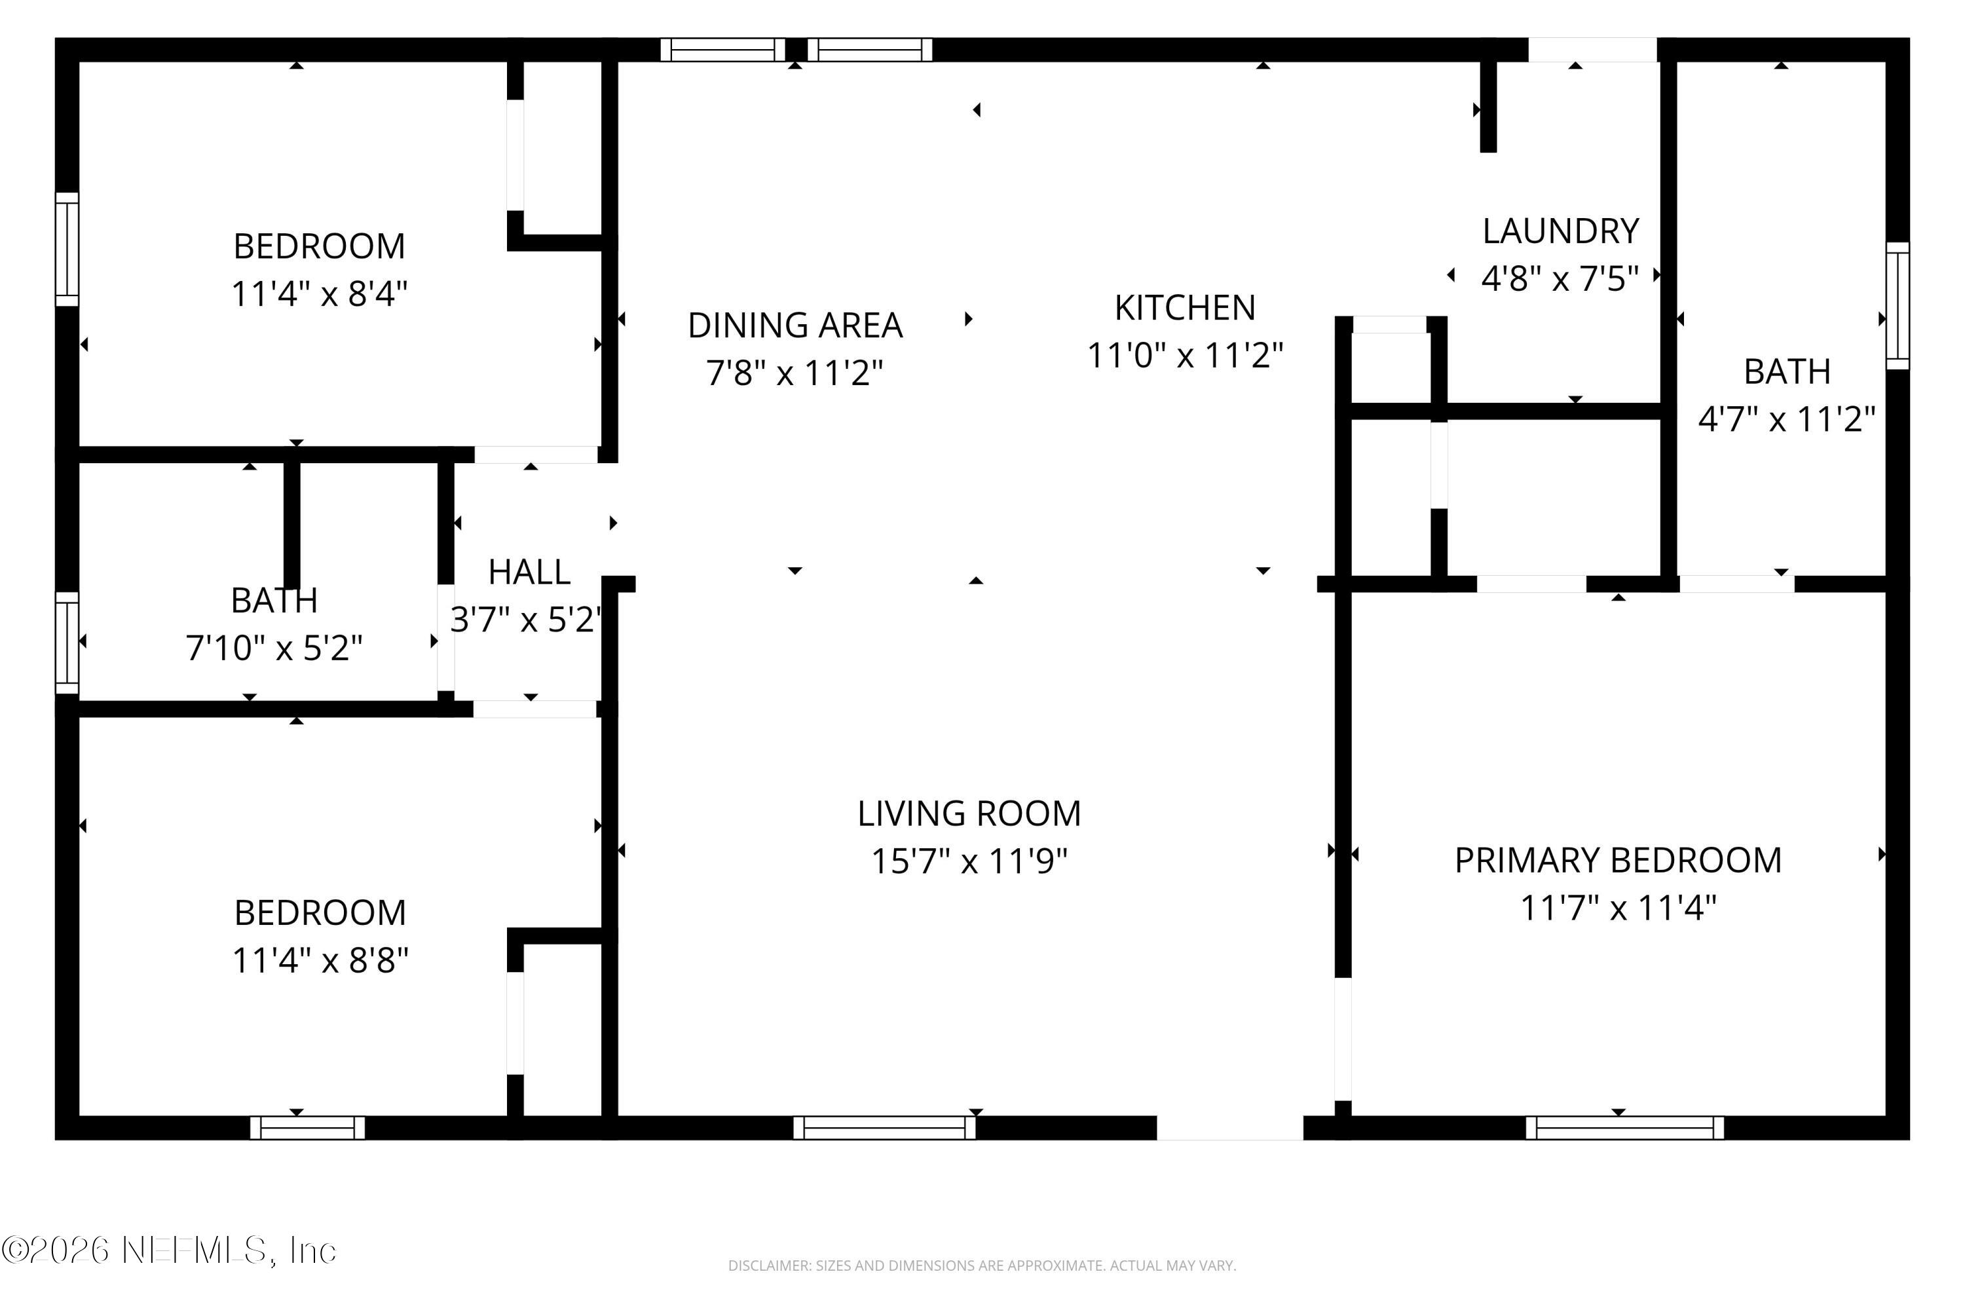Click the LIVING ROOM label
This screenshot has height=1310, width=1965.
(x=969, y=814)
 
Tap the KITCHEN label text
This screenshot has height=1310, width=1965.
(x=1185, y=309)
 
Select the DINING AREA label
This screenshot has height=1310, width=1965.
(x=795, y=326)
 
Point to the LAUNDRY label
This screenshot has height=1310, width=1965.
(x=1560, y=231)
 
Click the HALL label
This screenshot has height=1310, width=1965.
(x=529, y=573)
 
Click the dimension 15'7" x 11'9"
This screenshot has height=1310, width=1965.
(x=969, y=861)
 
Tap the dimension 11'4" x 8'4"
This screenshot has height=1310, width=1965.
(x=319, y=294)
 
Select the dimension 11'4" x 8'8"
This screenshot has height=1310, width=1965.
(x=320, y=961)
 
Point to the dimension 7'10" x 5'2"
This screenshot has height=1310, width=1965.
(x=274, y=648)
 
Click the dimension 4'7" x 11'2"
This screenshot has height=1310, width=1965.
(x=1786, y=419)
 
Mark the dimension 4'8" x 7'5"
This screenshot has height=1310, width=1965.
(x=1560, y=278)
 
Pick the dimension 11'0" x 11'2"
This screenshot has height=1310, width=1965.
(x=1185, y=356)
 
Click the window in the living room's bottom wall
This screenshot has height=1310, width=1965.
(x=884, y=1128)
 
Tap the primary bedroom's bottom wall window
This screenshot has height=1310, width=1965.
(x=1624, y=1128)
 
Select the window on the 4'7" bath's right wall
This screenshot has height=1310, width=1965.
(x=1898, y=306)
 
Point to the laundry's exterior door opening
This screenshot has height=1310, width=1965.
(x=1592, y=50)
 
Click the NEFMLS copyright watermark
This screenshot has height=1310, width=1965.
(x=169, y=1250)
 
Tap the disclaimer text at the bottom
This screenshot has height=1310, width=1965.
(x=982, y=1265)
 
